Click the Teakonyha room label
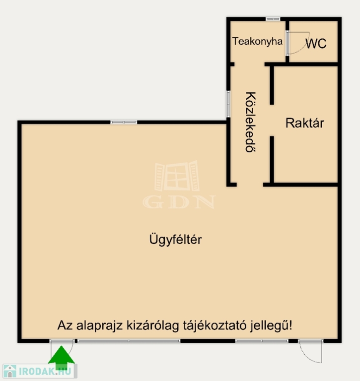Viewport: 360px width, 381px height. [257, 42]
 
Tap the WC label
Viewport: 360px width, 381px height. [316, 44]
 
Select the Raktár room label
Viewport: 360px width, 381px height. [304, 123]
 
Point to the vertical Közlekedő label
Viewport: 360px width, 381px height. [251, 122]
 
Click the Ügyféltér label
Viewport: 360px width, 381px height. [175, 240]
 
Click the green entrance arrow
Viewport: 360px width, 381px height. [61, 358]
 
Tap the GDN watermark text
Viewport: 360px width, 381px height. [179, 202]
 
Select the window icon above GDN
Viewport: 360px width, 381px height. [177, 176]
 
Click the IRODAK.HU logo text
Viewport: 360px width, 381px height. [45, 371]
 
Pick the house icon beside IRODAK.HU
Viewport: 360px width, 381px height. [10, 371]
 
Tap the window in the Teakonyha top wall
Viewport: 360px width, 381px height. [273, 19]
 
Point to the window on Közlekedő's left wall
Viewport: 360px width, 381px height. [228, 104]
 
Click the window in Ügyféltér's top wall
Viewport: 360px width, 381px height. [124, 122]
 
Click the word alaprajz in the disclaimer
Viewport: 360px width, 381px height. [99, 326]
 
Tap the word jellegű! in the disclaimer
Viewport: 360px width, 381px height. [271, 326]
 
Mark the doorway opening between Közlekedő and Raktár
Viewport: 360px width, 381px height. [272, 121]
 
